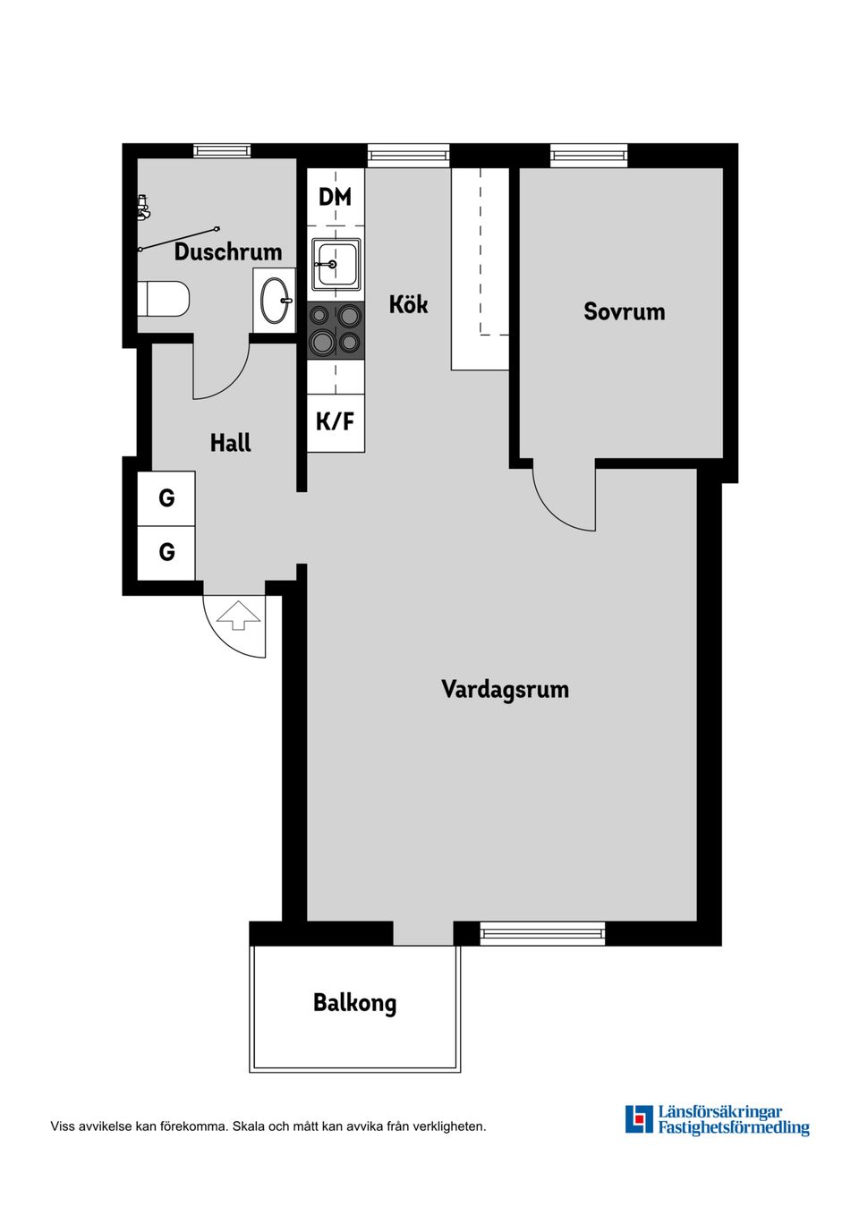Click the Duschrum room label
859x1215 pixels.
point(228,251)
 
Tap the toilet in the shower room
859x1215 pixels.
point(166,299)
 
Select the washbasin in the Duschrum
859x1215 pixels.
point(274,301)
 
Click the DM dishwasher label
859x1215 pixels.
point(336,197)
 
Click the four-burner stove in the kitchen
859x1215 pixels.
point(336,329)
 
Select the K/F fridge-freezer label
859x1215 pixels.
point(336,421)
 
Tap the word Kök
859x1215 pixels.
point(408,304)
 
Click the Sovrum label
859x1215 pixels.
point(624,311)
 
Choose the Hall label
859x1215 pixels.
point(230,443)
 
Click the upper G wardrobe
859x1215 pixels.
point(166,498)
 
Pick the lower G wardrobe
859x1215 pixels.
point(166,552)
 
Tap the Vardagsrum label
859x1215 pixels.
point(505,689)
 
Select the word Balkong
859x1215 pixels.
point(354,1003)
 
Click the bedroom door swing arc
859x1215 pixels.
point(559,506)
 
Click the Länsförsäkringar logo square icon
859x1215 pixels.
point(639,1119)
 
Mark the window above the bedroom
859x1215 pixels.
point(588,156)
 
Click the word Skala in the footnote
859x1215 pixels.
point(248,1126)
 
